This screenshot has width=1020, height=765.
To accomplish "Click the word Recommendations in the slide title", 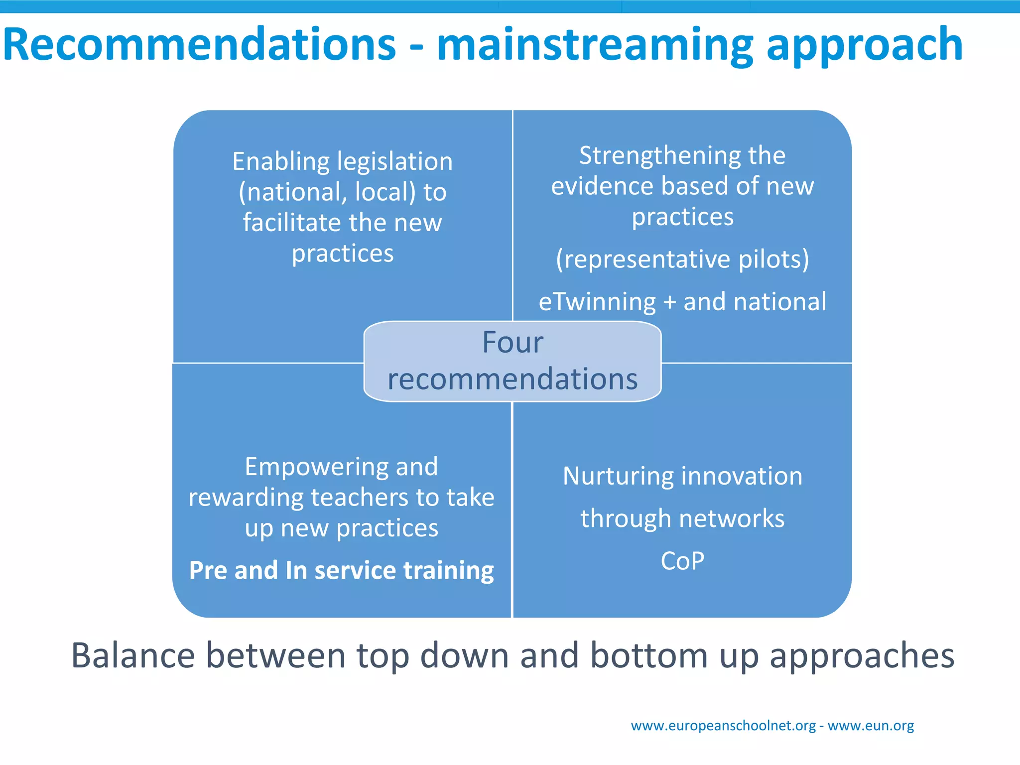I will [x=199, y=45].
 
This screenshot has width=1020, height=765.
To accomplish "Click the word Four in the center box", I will [x=512, y=343].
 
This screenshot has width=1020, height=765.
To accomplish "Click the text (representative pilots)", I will [x=682, y=259].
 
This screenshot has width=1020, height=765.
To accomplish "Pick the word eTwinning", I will [x=597, y=302].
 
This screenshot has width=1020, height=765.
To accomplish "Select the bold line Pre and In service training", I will [x=342, y=570].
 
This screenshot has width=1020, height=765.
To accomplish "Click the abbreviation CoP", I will [x=682, y=561].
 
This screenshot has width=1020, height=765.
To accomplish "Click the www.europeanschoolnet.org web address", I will [x=723, y=726].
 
